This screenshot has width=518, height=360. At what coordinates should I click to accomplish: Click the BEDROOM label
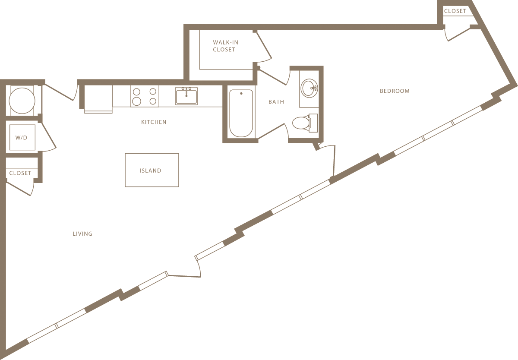coord(395,91)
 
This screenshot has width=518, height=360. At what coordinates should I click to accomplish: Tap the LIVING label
coord(82,234)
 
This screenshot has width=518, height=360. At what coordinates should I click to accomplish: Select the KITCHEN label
coord(154,122)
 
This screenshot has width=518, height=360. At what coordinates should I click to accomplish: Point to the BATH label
coord(276,102)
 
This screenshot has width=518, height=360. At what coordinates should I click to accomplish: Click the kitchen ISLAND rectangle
coord(152,170)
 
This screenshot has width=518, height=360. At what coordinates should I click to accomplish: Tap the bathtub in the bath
coord(241,113)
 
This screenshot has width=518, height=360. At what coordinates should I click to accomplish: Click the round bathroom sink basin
coord(309,88)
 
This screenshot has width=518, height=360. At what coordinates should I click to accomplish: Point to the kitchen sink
coord(186,96)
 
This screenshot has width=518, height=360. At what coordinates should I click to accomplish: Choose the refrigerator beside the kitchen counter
coord(98,99)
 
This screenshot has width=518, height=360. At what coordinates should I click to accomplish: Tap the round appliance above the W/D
coord(22,100)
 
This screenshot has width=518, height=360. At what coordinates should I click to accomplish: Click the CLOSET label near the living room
coord(20,173)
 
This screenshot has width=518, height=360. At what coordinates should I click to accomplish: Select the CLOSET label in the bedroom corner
coord(455,11)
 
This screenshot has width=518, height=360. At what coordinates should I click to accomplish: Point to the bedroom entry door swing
coord(328,160)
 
